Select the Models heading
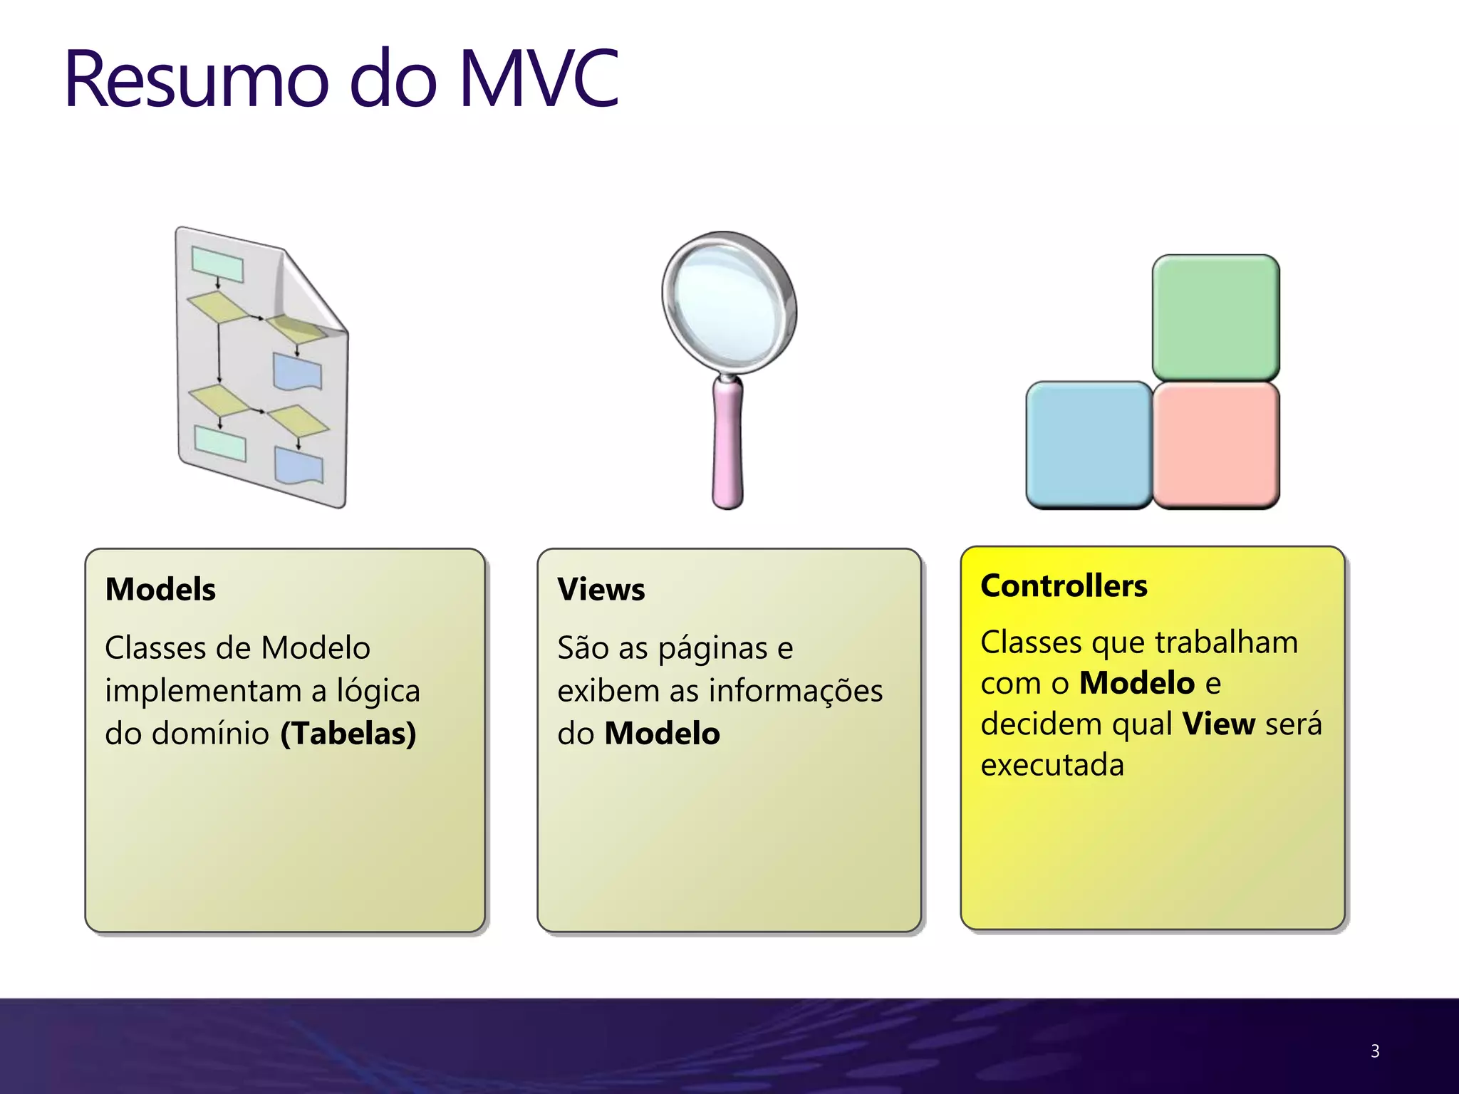160,590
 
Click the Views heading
601,590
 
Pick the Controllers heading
1064,585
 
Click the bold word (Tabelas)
348,734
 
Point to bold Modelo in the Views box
662,734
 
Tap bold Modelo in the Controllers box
1136,683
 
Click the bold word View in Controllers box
1218,724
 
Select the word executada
1052,766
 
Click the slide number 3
1374,1051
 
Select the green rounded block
1215,318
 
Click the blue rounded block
1089,444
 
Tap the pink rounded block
1215,444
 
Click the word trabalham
1226,642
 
